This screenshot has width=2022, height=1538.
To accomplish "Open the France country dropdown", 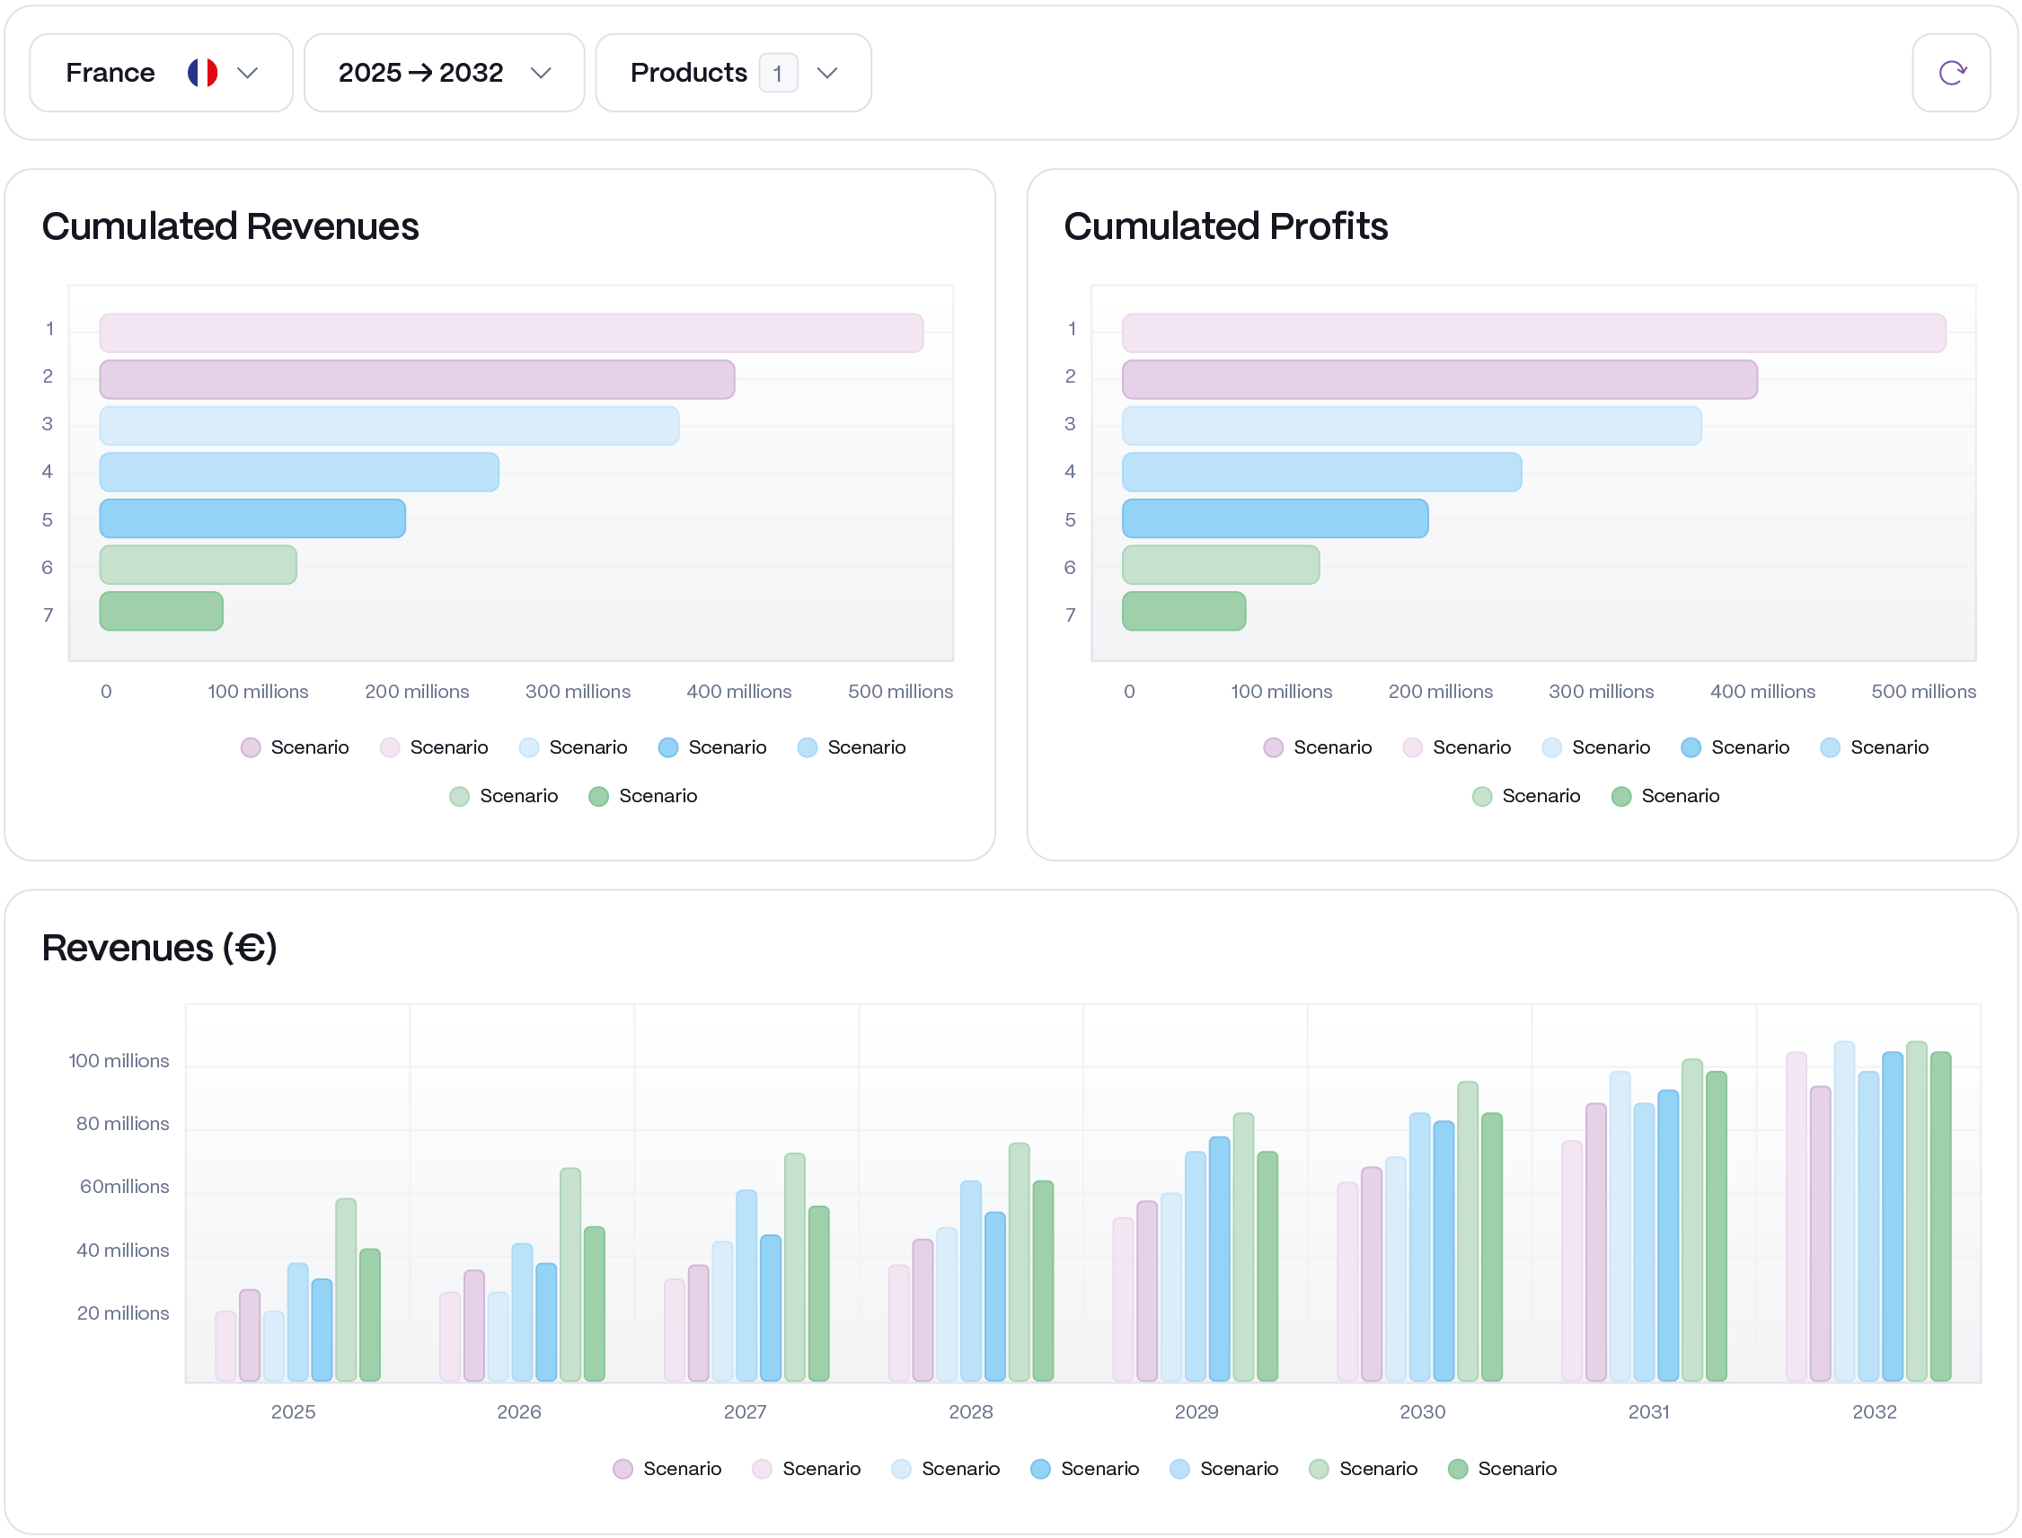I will pos(160,74).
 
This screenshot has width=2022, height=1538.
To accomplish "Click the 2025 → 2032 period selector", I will pos(443,74).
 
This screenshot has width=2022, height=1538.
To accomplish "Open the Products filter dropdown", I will pos(732,74).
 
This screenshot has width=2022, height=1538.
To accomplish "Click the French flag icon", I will pos(202,74).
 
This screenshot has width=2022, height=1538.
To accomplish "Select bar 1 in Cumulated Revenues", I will pos(511,333).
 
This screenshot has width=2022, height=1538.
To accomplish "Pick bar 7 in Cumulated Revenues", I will pos(161,612).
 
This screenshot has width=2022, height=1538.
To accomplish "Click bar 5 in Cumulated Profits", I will pos(1274,518).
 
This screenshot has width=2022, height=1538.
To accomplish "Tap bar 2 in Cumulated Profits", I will pos(1439,380).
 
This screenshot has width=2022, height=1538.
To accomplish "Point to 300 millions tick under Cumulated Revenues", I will pos(578,692).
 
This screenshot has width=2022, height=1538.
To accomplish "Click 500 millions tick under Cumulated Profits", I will pos(1923,692).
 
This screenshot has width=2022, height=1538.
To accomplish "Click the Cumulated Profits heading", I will pos(1224,226).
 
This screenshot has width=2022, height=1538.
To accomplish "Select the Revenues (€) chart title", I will pos(159,948).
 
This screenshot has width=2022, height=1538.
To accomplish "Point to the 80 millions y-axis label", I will pos(122,1124).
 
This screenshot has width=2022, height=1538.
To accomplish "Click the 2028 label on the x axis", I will pos(970,1412).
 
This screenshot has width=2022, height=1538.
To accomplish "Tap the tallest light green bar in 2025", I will pos(346,1291).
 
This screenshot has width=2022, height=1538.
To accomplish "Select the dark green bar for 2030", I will pos(1491,1247).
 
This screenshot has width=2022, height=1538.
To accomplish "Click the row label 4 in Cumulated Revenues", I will pos(48,473).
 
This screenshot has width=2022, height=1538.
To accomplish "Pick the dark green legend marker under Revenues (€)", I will pos(1458,1471).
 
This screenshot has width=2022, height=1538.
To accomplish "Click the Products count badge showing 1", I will pos(777,74).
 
